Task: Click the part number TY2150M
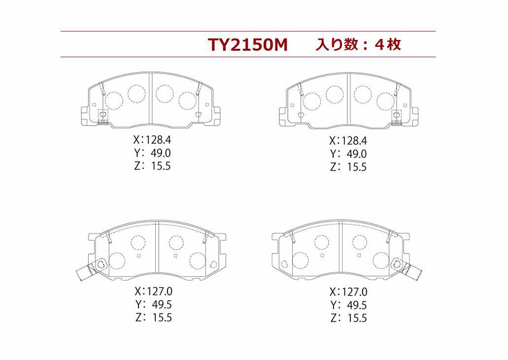[x=248, y=45]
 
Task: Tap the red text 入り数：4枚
[x=358, y=44]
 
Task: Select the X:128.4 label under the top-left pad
[x=152, y=140]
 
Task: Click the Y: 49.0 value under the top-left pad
[x=152, y=153]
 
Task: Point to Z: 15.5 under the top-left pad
[x=152, y=166]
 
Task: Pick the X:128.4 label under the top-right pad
[x=348, y=141]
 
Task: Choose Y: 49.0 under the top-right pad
[x=348, y=154]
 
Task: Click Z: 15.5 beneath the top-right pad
[x=348, y=167]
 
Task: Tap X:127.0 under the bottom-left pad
[x=154, y=291]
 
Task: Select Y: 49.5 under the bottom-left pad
[x=154, y=304]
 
